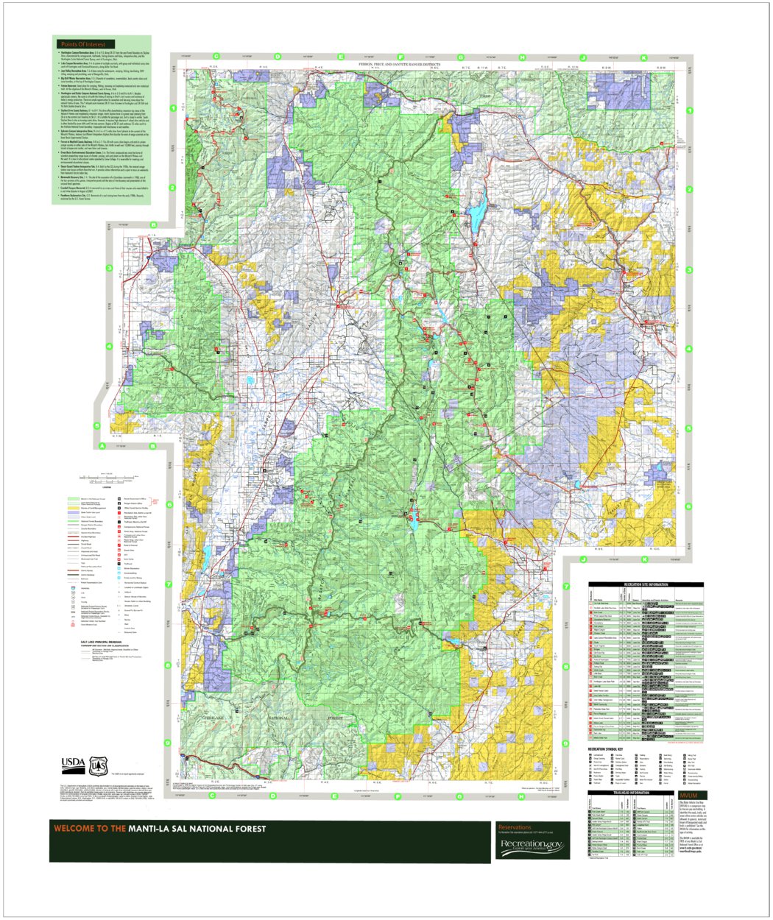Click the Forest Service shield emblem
click(97, 766)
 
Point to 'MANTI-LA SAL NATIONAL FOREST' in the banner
click(197, 829)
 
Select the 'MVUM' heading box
click(689, 796)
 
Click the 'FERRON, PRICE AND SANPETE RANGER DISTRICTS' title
click(398, 65)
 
